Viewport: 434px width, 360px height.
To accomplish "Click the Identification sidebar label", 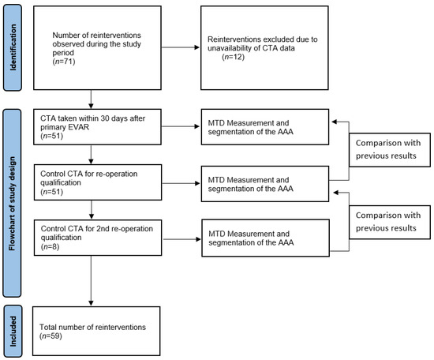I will pos(14,49).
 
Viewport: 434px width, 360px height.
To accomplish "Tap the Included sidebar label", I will pos(14,331).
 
